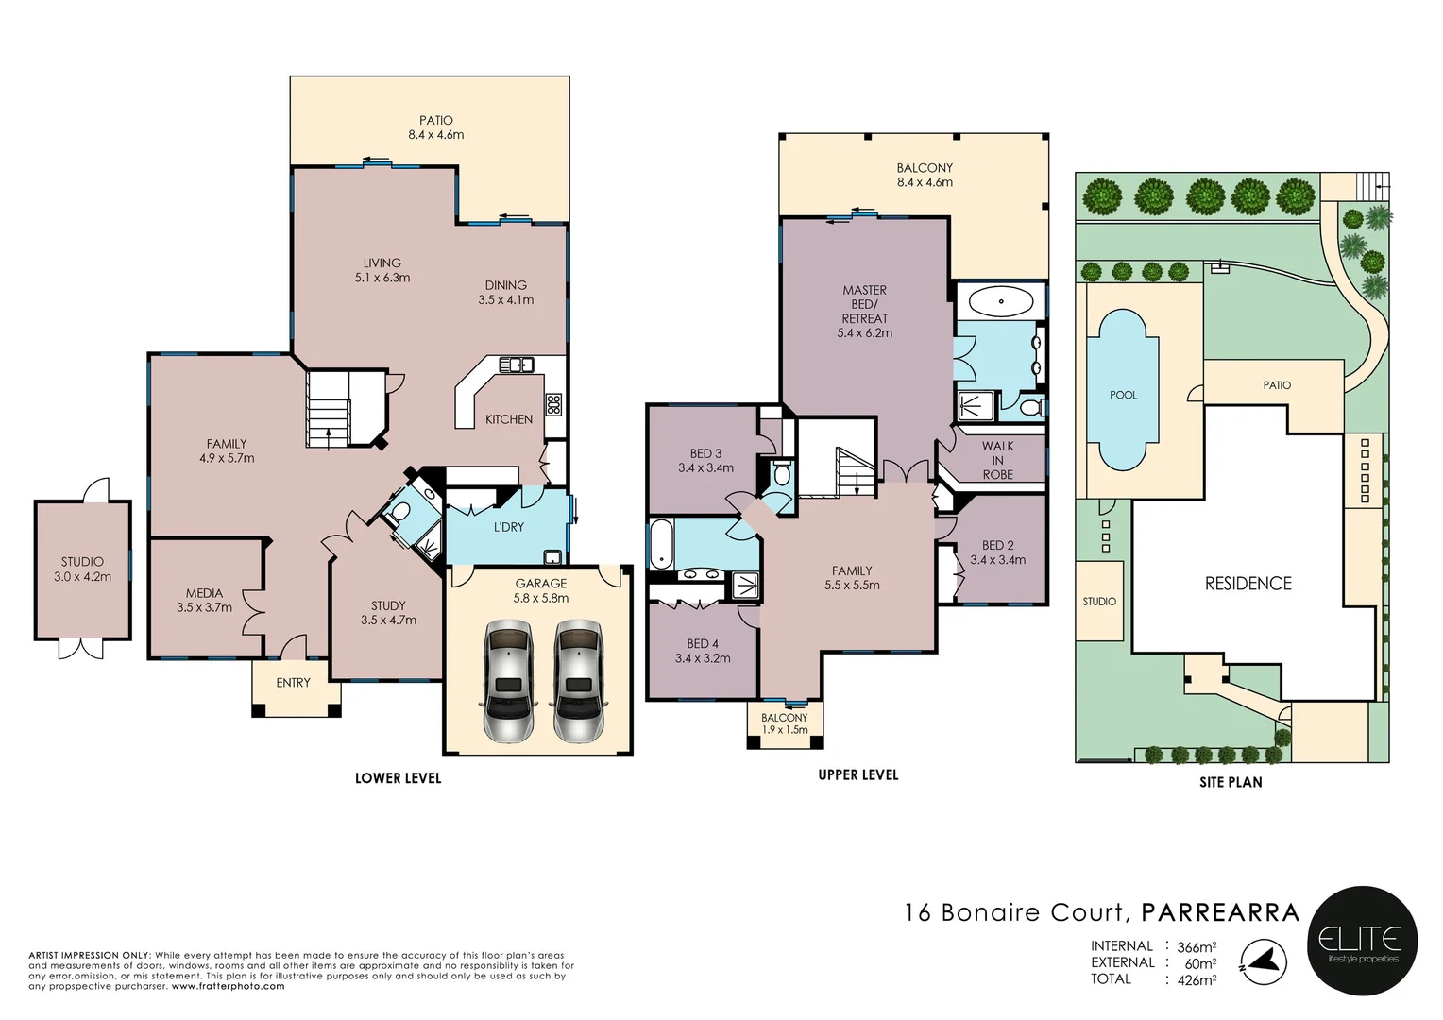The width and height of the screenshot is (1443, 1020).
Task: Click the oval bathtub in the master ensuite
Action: pyautogui.click(x=1001, y=301)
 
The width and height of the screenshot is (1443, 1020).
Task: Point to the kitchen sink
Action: pyautogui.click(x=517, y=365)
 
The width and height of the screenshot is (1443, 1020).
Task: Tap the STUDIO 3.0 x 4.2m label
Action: pyautogui.click(x=82, y=569)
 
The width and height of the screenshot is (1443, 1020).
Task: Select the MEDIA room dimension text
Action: pyautogui.click(x=204, y=607)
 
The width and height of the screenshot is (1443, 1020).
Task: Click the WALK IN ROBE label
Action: pyautogui.click(x=998, y=460)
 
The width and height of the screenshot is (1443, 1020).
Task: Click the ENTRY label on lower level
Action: pyautogui.click(x=293, y=683)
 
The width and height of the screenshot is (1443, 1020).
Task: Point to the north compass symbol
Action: pyautogui.click(x=1264, y=962)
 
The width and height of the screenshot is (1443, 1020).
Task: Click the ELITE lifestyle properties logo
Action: pyautogui.click(x=1362, y=941)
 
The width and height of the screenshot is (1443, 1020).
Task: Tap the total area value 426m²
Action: pyautogui.click(x=1197, y=980)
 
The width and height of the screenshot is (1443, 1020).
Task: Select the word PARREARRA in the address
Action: pyautogui.click(x=1220, y=912)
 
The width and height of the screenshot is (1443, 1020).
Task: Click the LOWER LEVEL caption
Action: pyautogui.click(x=399, y=778)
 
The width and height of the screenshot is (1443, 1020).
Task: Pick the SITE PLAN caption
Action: pyautogui.click(x=1231, y=782)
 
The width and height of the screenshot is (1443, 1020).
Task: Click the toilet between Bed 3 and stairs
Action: pyautogui.click(x=782, y=473)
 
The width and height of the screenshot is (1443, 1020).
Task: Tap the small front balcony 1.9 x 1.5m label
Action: pyautogui.click(x=784, y=723)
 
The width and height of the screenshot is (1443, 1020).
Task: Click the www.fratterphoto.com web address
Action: pyautogui.click(x=228, y=986)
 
